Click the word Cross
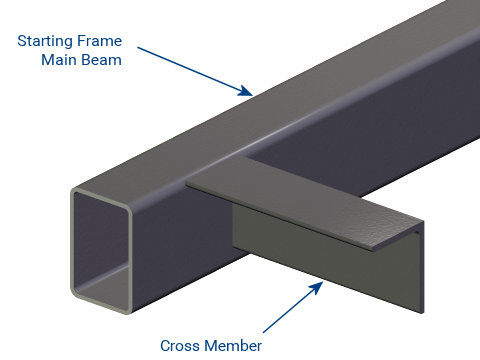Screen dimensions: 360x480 (x=182, y=346)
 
